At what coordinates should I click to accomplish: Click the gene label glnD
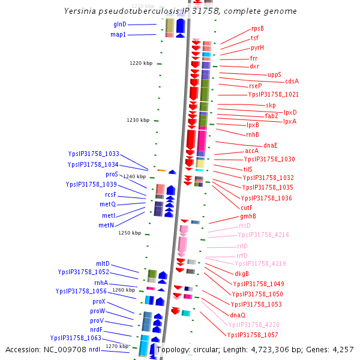(119, 25)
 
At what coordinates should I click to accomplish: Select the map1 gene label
(118, 35)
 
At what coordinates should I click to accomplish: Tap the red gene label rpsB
(257, 29)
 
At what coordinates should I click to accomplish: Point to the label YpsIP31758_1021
(273, 95)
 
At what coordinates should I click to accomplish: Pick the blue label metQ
(107, 205)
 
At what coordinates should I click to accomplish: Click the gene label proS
(112, 174)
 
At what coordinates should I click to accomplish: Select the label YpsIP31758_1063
(76, 338)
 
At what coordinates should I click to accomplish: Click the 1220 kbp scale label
(141, 63)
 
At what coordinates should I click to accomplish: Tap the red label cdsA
(292, 81)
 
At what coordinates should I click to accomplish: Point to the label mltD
(103, 264)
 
